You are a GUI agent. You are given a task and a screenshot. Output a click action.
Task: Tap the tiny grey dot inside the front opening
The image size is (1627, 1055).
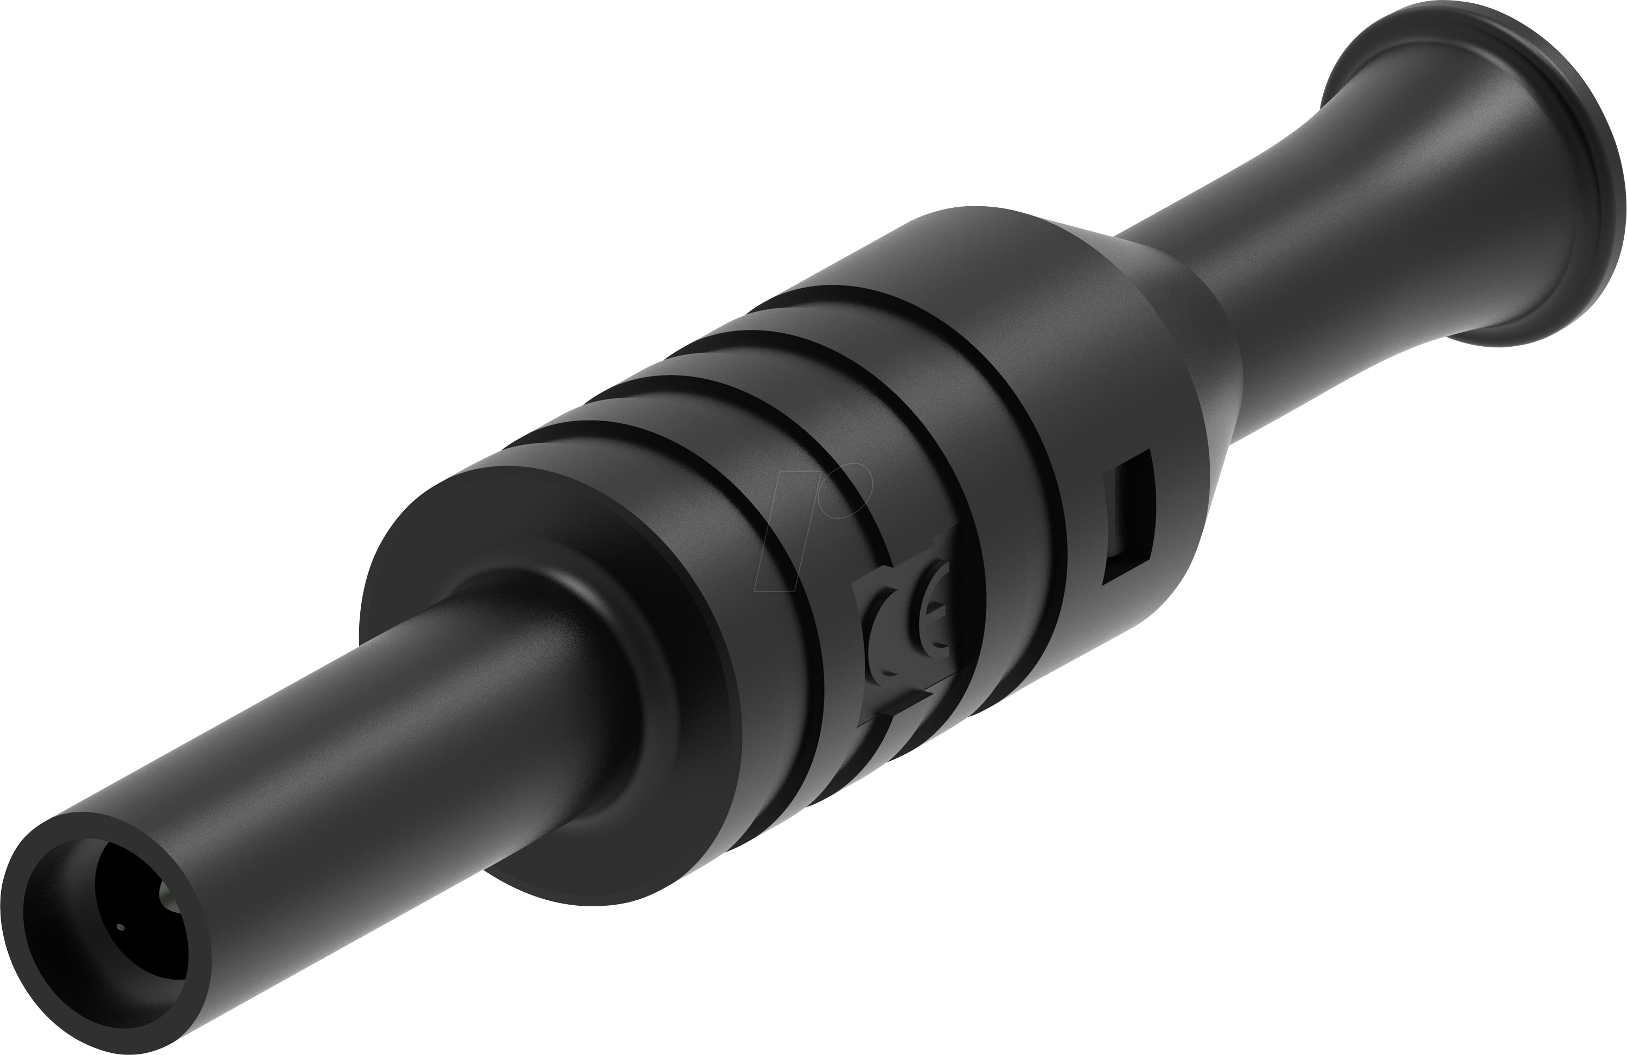[x=121, y=928]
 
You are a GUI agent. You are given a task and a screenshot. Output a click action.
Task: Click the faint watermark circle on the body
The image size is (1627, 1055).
[x=848, y=489]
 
